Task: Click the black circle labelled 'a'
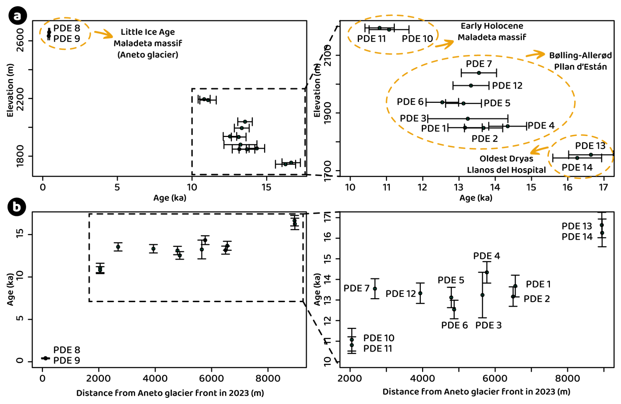pos(17,16)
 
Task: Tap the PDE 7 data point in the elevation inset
pos(479,73)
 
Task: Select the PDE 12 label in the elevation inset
pos(507,86)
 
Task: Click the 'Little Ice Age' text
pos(148,32)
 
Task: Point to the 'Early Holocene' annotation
pos(492,26)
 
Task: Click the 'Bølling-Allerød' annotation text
pos(580,55)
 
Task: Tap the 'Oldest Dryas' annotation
pos(506,159)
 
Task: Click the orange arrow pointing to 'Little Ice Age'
pos(103,34)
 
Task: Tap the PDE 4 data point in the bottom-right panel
pos(487,272)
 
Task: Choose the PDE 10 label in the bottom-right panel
pos(378,338)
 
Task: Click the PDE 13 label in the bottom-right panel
pos(576,226)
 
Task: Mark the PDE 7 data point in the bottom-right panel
pos(375,289)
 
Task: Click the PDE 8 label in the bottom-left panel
pos(67,350)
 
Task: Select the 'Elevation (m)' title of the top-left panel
pos(10,90)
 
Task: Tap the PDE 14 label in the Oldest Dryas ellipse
pos(577,168)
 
